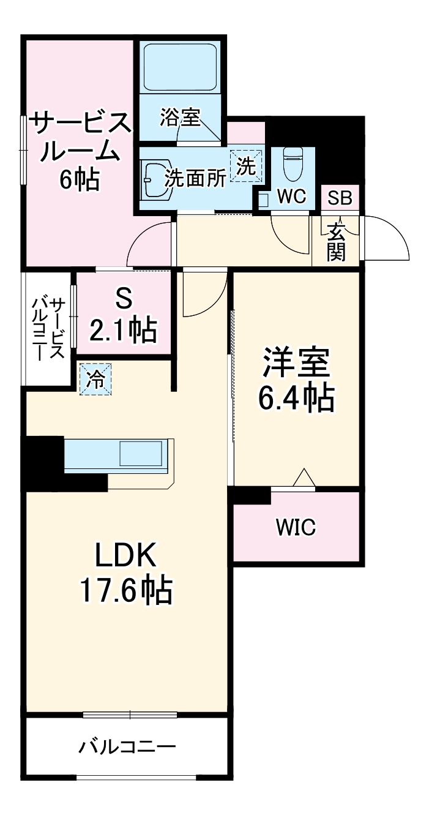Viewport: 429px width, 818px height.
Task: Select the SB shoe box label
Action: (x=339, y=198)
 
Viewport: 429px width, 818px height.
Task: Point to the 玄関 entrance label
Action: (x=336, y=241)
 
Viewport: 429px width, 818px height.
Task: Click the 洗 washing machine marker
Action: (x=246, y=166)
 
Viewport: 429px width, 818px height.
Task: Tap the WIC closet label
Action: (x=296, y=527)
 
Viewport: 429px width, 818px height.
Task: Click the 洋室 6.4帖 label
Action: (x=297, y=380)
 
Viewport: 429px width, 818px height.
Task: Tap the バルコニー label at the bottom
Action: (x=127, y=748)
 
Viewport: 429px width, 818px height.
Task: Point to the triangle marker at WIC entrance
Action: (x=304, y=478)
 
